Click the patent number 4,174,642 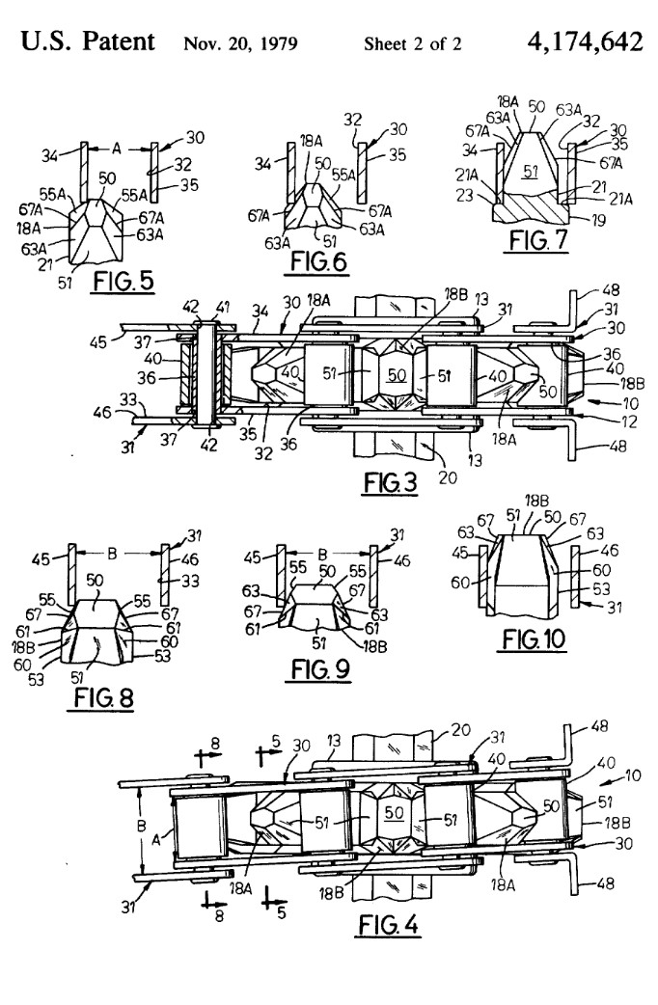pos(584,41)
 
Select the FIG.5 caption pos(123,283)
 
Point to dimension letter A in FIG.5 pos(118,149)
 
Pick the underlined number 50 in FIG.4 pos(393,814)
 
